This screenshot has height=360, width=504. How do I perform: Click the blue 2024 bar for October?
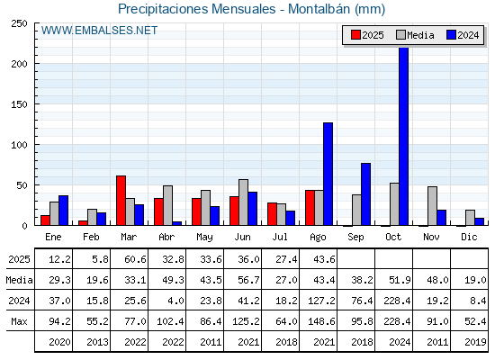pyautogui.click(x=403, y=136)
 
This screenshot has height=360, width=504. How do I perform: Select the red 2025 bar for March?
pyautogui.click(x=121, y=201)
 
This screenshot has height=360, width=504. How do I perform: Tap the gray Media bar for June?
pyautogui.click(x=243, y=202)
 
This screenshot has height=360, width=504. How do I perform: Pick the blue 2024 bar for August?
pyautogui.click(x=328, y=174)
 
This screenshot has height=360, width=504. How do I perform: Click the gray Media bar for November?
pyautogui.click(x=432, y=206)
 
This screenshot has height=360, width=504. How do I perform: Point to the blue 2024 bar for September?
pyautogui.click(x=365, y=194)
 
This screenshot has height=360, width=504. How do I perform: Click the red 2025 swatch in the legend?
pyautogui.click(x=355, y=35)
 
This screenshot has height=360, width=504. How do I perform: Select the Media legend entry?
pyautogui.click(x=415, y=35)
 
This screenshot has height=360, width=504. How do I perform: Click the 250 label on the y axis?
pyautogui.click(x=19, y=23)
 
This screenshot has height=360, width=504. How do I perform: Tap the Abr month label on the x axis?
pyautogui.click(x=166, y=237)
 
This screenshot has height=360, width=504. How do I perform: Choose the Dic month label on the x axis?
pyautogui.click(x=469, y=237)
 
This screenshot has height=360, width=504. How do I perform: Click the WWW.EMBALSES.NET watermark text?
pyautogui.click(x=99, y=31)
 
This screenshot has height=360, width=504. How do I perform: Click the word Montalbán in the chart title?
pyautogui.click(x=319, y=9)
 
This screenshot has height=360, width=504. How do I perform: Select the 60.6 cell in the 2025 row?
pyautogui.click(x=135, y=259)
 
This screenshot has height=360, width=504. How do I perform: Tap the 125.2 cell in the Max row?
pyautogui.click(x=246, y=321)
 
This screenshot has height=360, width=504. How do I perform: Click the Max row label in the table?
pyautogui.click(x=19, y=321)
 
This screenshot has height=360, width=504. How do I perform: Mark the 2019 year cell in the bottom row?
pyautogui.click(x=475, y=342)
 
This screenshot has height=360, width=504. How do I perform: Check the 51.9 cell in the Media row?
pyautogui.click(x=400, y=280)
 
